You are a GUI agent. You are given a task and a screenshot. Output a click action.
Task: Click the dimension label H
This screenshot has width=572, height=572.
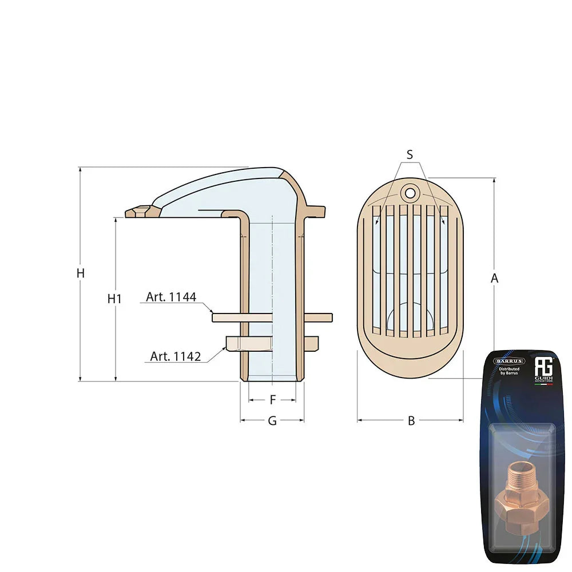tap(81, 273)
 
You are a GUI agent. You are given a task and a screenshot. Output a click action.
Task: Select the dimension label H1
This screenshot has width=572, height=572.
tap(115, 299)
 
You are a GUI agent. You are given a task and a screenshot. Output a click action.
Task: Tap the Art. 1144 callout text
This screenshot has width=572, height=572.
tap(171, 297)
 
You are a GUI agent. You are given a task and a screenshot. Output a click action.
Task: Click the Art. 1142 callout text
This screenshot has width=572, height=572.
tap(176, 356)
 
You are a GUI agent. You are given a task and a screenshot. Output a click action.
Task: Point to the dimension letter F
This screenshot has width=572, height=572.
tap(272, 399)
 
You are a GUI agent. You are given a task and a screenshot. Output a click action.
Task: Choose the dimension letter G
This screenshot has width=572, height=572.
tap(272, 421)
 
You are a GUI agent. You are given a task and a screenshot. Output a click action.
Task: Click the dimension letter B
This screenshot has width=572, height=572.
tap(411, 421)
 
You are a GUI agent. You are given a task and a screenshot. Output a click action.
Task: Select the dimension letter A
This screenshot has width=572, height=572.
tap(495, 279)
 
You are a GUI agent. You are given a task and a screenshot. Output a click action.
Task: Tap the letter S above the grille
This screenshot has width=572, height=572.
tap(410, 154)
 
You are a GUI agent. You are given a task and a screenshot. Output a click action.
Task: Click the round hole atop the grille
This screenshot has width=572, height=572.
tap(410, 193)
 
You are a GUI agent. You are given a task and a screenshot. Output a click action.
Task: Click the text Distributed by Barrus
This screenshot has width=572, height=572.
tap(509, 372)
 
